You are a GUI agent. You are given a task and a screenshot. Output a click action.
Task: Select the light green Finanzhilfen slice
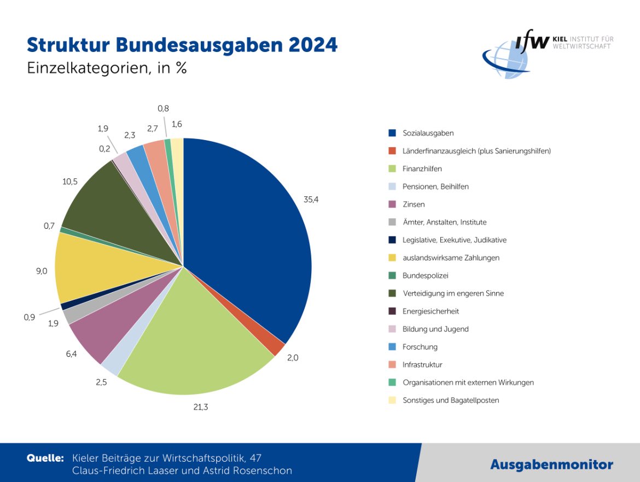[197, 339]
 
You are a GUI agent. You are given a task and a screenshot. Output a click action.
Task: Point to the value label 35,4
[311, 200]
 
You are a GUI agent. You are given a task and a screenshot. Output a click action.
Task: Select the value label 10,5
[71, 181]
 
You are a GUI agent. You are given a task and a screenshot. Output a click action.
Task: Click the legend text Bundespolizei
[425, 276]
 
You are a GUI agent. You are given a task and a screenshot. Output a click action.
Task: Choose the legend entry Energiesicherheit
[430, 311]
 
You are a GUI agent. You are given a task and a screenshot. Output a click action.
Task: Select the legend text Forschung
[420, 347]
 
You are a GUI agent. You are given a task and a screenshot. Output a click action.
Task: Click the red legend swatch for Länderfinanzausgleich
[392, 150]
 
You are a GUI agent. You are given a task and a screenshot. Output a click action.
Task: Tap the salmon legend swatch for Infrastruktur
[392, 364]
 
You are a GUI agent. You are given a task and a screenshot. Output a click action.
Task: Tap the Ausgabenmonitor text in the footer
[551, 465]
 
